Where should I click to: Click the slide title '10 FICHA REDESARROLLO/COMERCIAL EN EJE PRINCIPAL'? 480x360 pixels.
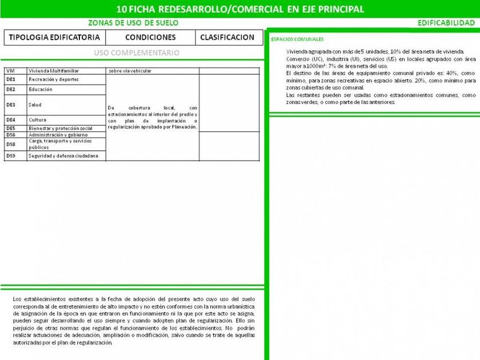239,9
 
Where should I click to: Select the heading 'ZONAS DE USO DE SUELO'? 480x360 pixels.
133,23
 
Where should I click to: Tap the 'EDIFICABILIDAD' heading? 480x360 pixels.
446,23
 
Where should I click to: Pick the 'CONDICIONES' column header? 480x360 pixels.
150,37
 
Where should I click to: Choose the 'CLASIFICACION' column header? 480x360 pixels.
227,37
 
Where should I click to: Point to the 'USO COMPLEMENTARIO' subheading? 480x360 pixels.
137,53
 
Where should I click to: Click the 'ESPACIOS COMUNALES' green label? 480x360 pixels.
297,39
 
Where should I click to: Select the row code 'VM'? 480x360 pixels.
10,71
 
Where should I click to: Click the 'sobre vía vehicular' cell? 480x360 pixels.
130,71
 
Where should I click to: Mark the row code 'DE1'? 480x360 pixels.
11,79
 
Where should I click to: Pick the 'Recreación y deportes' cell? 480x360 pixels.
54,79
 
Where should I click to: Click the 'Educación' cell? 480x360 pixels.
41,90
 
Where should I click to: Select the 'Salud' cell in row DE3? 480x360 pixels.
35,105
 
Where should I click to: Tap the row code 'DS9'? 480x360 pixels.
11,156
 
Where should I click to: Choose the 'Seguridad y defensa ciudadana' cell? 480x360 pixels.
63,156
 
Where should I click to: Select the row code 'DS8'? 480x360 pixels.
11,144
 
